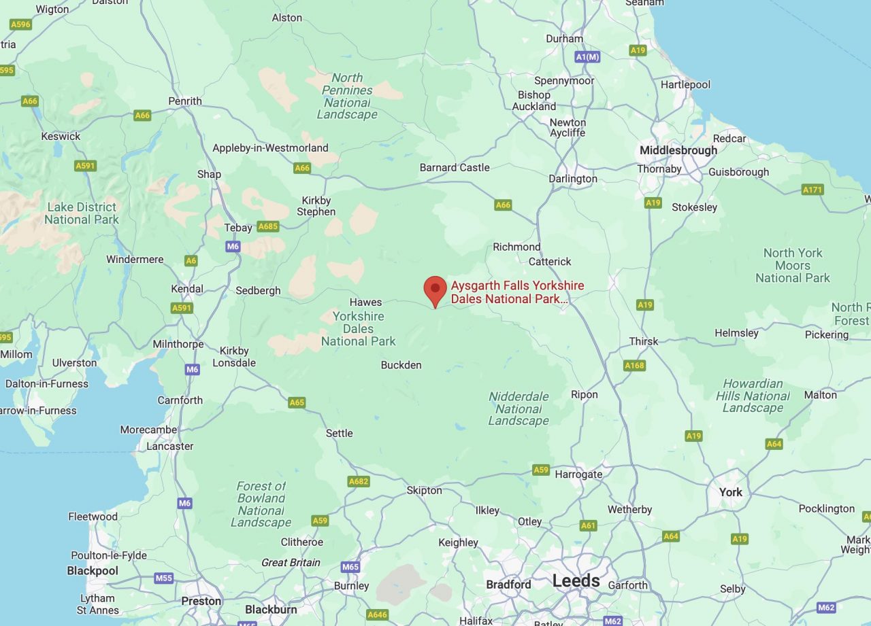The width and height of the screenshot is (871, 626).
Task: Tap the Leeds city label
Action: tap(576, 581)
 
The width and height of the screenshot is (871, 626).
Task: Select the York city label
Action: tap(731, 492)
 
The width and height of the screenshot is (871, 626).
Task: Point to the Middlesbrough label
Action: tap(678, 150)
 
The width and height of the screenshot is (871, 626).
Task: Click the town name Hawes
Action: tap(365, 302)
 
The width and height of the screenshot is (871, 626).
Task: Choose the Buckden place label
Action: tap(401, 365)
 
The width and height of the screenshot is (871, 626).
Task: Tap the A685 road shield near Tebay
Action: tap(268, 226)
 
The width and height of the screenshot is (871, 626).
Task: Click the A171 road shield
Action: tap(812, 190)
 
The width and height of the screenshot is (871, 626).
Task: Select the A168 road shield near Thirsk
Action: tap(634, 366)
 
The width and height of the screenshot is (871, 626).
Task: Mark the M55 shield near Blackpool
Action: tap(164, 578)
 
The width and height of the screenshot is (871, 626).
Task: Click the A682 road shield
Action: tap(359, 482)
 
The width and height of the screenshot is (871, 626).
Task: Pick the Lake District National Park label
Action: tap(82, 213)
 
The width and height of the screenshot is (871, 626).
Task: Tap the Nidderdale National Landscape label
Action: tap(519, 408)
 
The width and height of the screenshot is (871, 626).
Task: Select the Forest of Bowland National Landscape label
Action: tap(261, 504)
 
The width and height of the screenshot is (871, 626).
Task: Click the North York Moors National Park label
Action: tap(793, 265)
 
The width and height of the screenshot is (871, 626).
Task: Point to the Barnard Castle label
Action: tap(455, 167)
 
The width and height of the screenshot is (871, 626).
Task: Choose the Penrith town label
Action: tap(185, 101)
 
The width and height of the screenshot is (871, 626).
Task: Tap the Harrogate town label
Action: tap(578, 474)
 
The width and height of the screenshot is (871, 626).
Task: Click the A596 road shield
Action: tap(21, 24)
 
